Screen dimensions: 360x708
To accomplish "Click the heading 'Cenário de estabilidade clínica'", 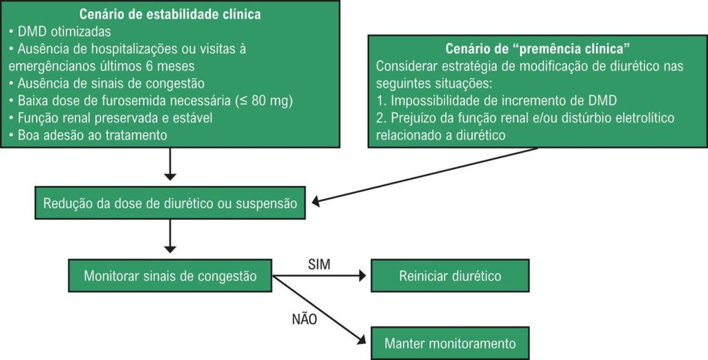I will pyautogui.click(x=171, y=13).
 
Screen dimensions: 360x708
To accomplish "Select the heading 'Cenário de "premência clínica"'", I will pyautogui.click(x=537, y=50).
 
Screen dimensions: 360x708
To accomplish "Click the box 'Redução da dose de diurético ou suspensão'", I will pyautogui.click(x=170, y=203).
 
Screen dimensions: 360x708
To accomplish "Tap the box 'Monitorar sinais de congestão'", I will pyautogui.click(x=170, y=276).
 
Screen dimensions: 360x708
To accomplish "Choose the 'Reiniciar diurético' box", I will pyautogui.click(x=450, y=276).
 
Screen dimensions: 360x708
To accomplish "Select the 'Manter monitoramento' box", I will pyautogui.click(x=450, y=342).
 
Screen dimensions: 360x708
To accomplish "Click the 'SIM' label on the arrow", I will pyautogui.click(x=317, y=263).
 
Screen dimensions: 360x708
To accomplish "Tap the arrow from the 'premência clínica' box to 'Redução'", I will pyautogui.click(x=425, y=176).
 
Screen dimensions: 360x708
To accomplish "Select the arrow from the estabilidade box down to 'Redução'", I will pyautogui.click(x=171, y=165).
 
